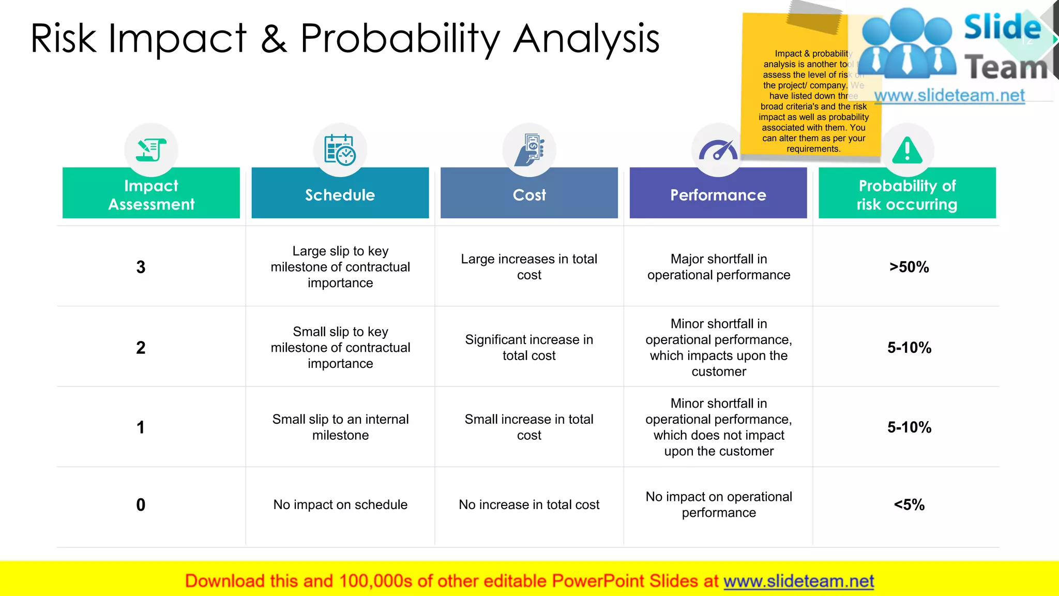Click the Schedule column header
340,195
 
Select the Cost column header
529,195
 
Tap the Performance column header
718,195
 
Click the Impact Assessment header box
151,195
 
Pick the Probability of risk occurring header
907,195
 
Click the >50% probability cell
909,267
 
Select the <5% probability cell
909,504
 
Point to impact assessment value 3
141,267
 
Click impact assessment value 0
141,504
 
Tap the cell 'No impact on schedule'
340,504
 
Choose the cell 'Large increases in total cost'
529,267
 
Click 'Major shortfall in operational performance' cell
718,267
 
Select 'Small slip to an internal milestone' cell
340,427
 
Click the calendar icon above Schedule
340,150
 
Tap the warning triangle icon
907,151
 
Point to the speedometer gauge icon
718,150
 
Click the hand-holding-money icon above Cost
529,150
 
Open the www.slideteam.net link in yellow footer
798,581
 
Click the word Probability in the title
400,39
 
